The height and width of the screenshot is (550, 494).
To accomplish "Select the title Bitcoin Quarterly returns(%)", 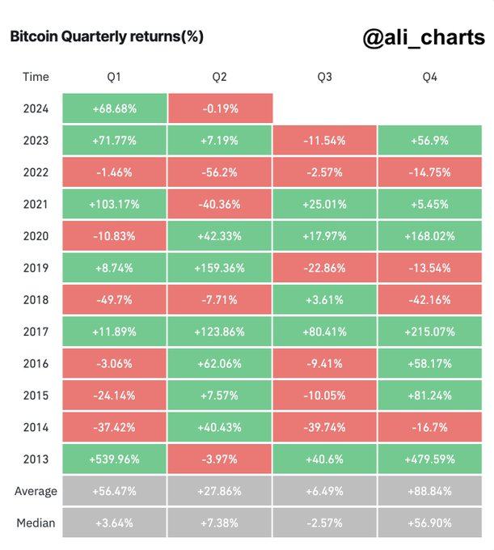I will click(x=106, y=36).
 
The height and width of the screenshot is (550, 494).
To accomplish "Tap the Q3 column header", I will click(x=324, y=77).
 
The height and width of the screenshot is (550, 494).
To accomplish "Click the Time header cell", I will click(x=36, y=77).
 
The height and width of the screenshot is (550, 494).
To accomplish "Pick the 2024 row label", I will click(x=36, y=108).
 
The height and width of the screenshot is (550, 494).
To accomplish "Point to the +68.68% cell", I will click(x=114, y=108).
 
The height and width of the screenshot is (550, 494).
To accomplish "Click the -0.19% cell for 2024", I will click(x=219, y=108).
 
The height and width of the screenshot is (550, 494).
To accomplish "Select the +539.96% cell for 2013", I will click(x=114, y=459).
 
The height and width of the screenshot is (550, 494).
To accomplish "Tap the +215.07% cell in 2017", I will click(x=430, y=332).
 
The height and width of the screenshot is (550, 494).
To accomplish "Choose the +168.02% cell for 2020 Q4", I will click(x=430, y=236).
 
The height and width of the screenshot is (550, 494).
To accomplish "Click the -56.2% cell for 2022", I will click(x=219, y=172).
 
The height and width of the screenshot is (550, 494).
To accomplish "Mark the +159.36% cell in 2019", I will click(x=219, y=268).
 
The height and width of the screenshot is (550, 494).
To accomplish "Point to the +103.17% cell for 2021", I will click(x=114, y=204).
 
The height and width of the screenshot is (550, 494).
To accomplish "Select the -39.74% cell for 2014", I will click(x=324, y=428).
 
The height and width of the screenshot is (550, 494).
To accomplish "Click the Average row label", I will click(x=36, y=491).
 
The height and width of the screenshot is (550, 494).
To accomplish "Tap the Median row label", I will click(x=36, y=523).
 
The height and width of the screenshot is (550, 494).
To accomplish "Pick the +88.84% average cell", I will click(x=430, y=491).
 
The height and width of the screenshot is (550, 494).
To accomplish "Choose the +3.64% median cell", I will click(x=114, y=523).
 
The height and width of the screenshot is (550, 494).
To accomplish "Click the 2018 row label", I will click(x=36, y=300).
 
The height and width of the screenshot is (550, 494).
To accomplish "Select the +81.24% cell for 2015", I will click(x=430, y=396).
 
